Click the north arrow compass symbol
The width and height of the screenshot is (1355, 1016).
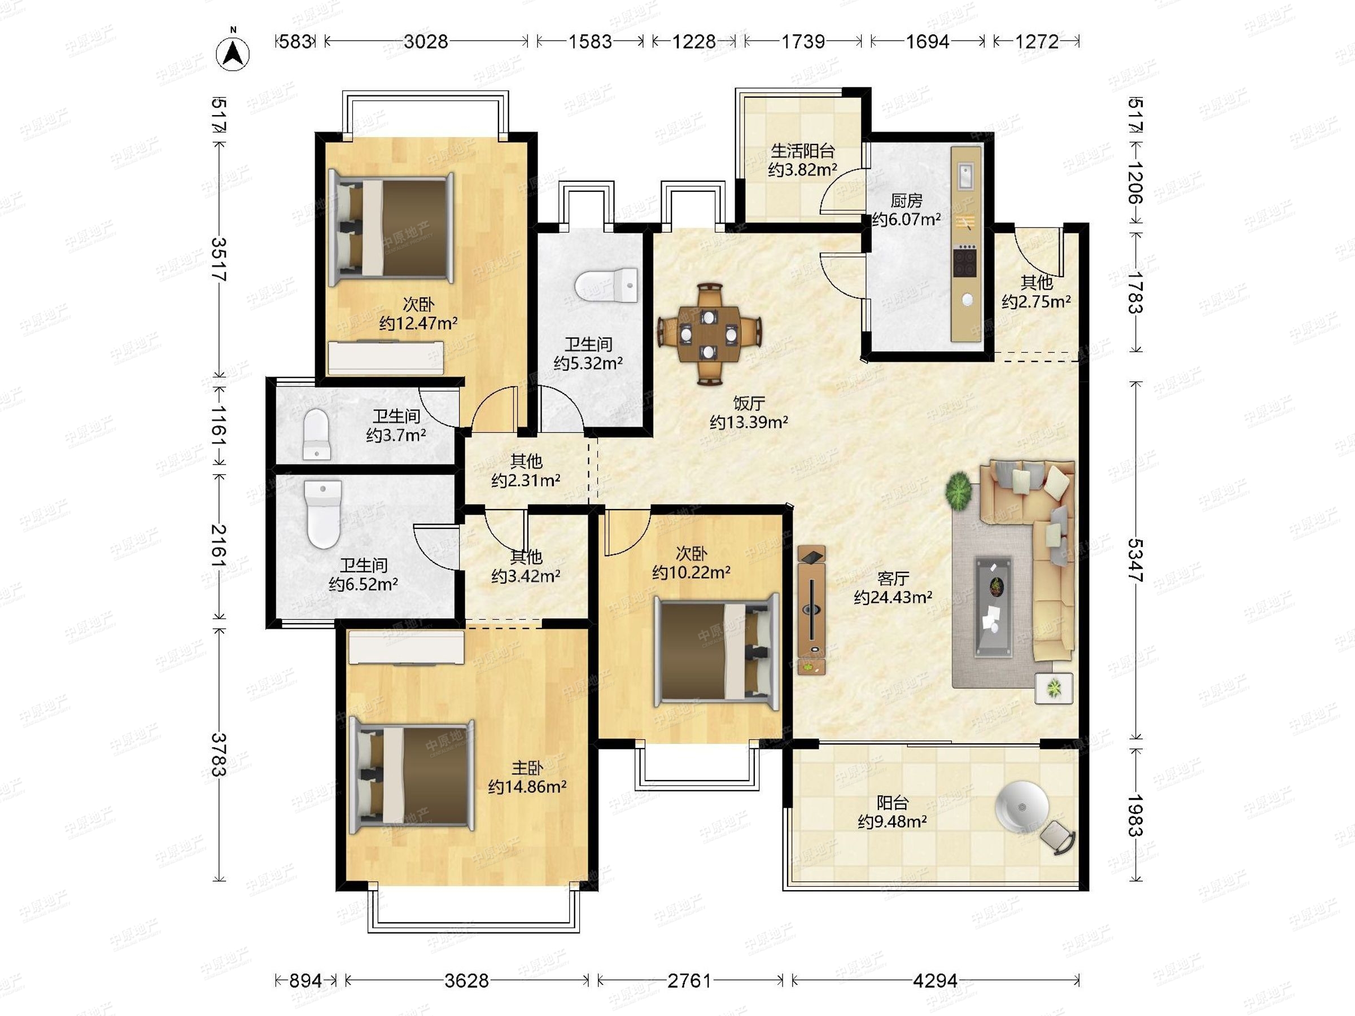pyautogui.click(x=233, y=53)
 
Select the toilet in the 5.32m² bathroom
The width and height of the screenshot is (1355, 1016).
pyautogui.click(x=606, y=285)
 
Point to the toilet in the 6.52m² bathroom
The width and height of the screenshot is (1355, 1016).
pyautogui.click(x=323, y=514)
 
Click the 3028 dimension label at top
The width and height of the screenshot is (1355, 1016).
pyautogui.click(x=426, y=42)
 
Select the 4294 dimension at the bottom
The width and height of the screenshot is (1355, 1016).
pyautogui.click(x=935, y=980)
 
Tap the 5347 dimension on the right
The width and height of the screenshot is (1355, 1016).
pyautogui.click(x=1134, y=561)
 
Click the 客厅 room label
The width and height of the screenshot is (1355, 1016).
pyautogui.click(x=893, y=578)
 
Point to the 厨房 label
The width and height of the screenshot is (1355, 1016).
pyautogui.click(x=906, y=200)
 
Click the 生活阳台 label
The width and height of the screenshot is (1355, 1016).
pyautogui.click(x=802, y=150)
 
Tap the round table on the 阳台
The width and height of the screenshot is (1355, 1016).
pyautogui.click(x=1021, y=808)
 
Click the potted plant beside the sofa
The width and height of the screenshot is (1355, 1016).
pyautogui.click(x=959, y=490)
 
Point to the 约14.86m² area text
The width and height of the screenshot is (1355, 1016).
pyautogui.click(x=527, y=786)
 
